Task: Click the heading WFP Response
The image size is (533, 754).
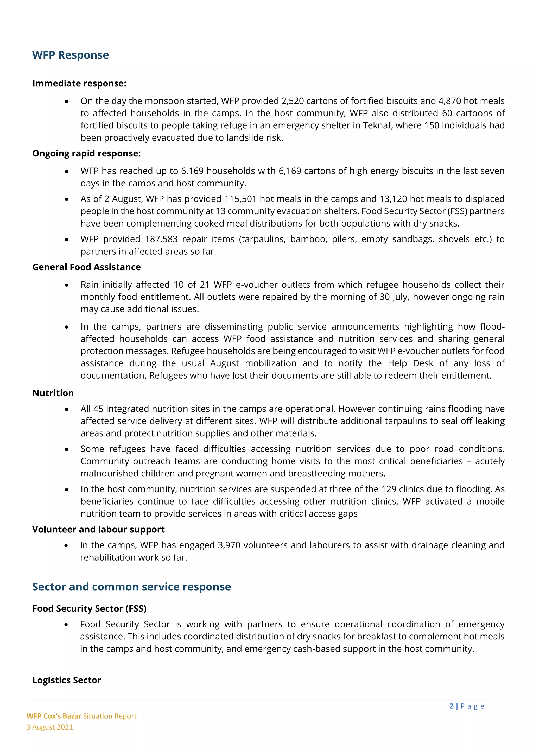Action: [x=70, y=55]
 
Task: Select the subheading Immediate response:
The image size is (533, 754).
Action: [x=79, y=83]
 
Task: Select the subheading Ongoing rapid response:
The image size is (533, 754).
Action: [x=86, y=153]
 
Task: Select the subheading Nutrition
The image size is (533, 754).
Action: [x=53, y=393]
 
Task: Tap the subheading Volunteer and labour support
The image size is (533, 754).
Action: [x=98, y=529]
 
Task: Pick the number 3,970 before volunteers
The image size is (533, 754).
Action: [x=229, y=545]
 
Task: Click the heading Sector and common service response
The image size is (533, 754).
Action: [x=131, y=587]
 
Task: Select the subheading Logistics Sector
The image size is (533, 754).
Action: [x=66, y=680]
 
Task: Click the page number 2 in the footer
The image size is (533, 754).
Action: [x=451, y=706]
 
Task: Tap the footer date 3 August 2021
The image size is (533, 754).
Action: [x=49, y=727]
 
